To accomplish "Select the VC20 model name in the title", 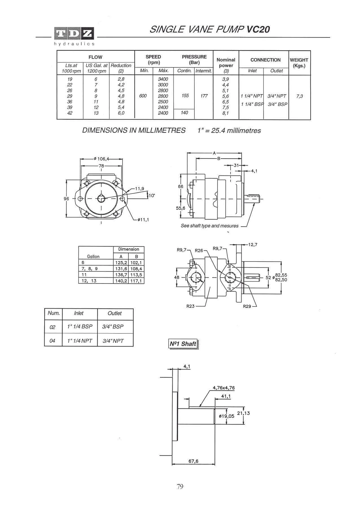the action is (x=258, y=29).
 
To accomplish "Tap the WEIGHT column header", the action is (x=299, y=63).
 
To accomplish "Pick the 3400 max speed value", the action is (x=163, y=79).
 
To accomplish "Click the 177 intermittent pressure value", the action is (x=204, y=96).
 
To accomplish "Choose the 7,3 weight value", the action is (x=300, y=96).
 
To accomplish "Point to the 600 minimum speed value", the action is (x=143, y=96).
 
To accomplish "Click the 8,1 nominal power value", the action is (x=225, y=113).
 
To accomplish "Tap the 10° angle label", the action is (x=152, y=195).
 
